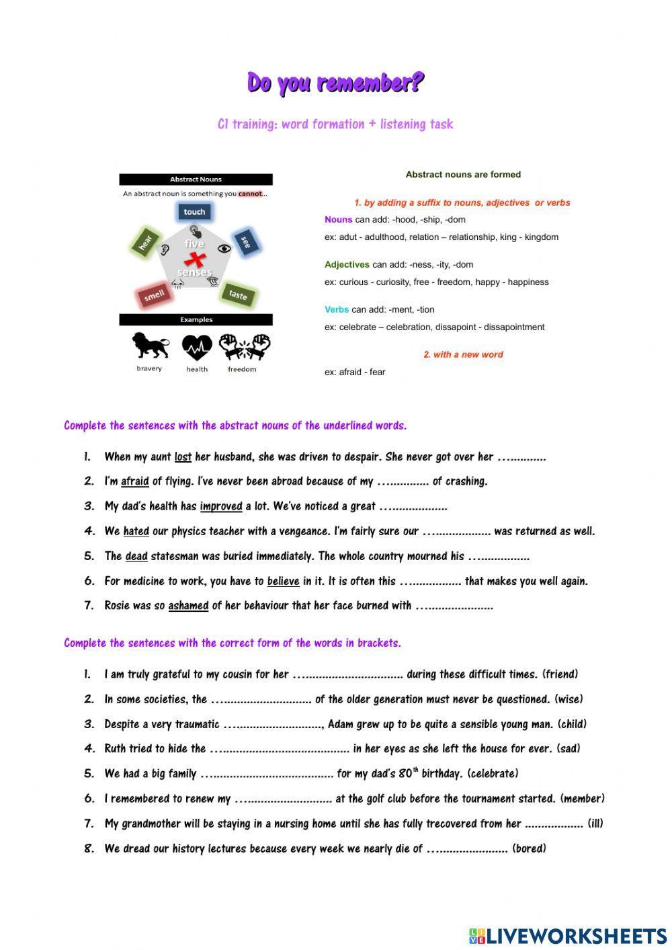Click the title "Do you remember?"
(x=335, y=83)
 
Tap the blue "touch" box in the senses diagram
(x=194, y=212)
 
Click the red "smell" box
(x=155, y=295)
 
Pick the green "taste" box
(x=238, y=295)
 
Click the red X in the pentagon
(x=195, y=260)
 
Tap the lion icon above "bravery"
(x=149, y=346)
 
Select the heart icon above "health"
(x=197, y=348)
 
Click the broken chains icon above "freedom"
(x=244, y=348)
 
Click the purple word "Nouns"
(x=338, y=220)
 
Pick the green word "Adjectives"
(x=347, y=265)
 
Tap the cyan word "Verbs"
(x=336, y=310)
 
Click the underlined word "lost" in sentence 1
(x=183, y=457)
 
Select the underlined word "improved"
(x=220, y=507)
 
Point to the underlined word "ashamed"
(x=188, y=606)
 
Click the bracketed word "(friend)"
(x=560, y=674)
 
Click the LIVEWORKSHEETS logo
(x=568, y=935)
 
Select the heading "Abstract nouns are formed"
(x=463, y=175)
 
